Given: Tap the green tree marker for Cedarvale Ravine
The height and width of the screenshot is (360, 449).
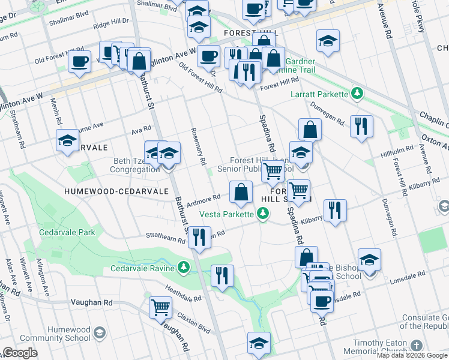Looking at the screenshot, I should tap(184, 267).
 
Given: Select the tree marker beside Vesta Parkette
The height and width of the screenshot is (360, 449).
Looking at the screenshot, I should tap(262, 214).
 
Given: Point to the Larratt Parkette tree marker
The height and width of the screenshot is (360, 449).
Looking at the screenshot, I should tap(357, 94).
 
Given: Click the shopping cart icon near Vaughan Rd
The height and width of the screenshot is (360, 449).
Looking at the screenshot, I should tap(160, 307).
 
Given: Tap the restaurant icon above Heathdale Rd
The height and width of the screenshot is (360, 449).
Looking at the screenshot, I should tap(222, 276).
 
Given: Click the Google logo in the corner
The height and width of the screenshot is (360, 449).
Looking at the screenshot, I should tap(20, 353).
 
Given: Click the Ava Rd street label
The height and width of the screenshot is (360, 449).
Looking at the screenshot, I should tap(142, 130).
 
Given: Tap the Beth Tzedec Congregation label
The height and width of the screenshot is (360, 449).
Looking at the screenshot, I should tap(134, 165).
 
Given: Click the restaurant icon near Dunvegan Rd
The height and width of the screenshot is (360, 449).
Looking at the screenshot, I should tap(361, 126).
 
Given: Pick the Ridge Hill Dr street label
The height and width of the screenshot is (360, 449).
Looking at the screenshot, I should tap(111, 22).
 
